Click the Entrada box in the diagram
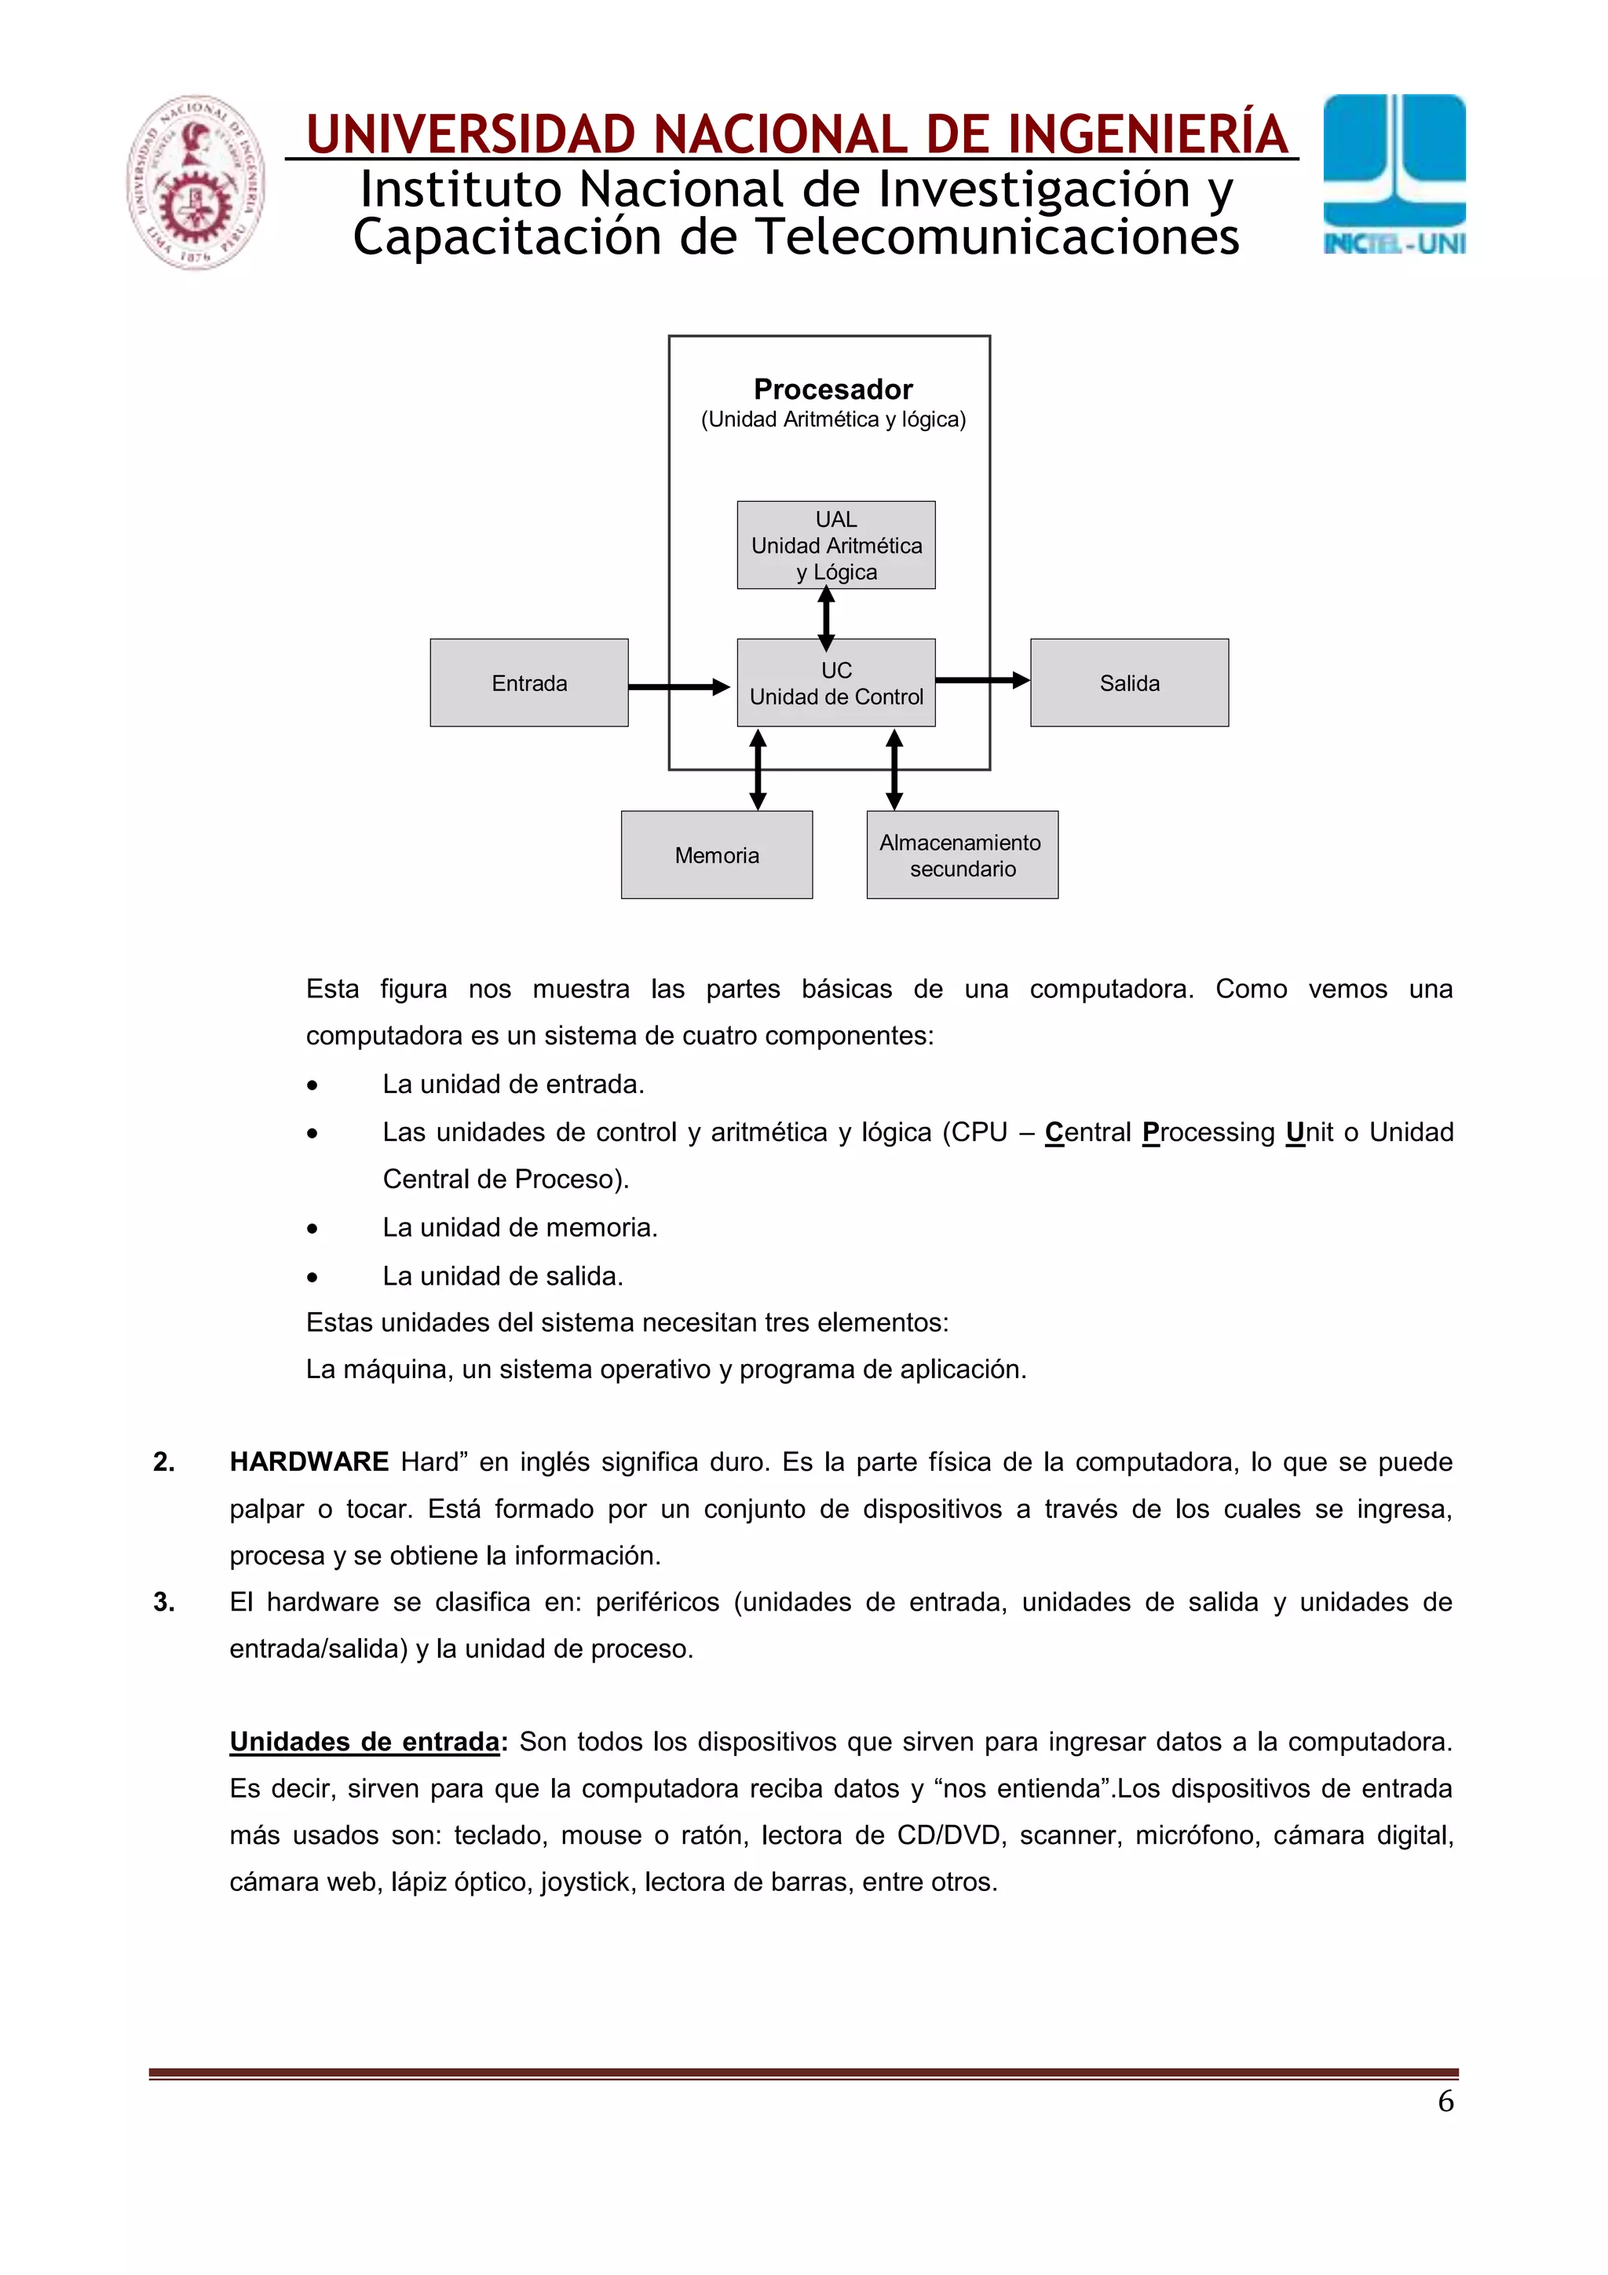528,682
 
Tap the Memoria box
716,855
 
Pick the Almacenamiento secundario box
961,855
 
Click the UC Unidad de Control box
835,682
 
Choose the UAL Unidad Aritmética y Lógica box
835,545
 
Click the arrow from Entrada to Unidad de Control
678,686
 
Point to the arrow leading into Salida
981,680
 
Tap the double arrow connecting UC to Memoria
758,770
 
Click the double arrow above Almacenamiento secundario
894,770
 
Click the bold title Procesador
832,390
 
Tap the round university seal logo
196,182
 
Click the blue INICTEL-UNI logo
1394,174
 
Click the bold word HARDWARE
309,1461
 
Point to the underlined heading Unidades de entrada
364,1742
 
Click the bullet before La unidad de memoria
312,1229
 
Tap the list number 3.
163,1602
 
